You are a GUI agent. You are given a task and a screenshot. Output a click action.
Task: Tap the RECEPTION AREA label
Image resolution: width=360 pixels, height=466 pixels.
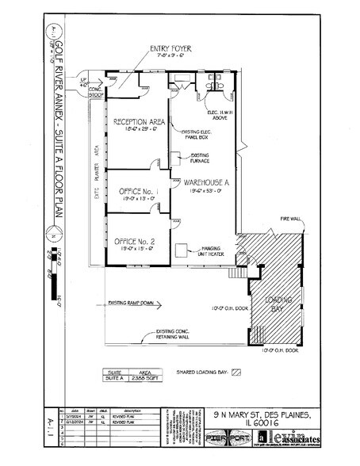(138, 122)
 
